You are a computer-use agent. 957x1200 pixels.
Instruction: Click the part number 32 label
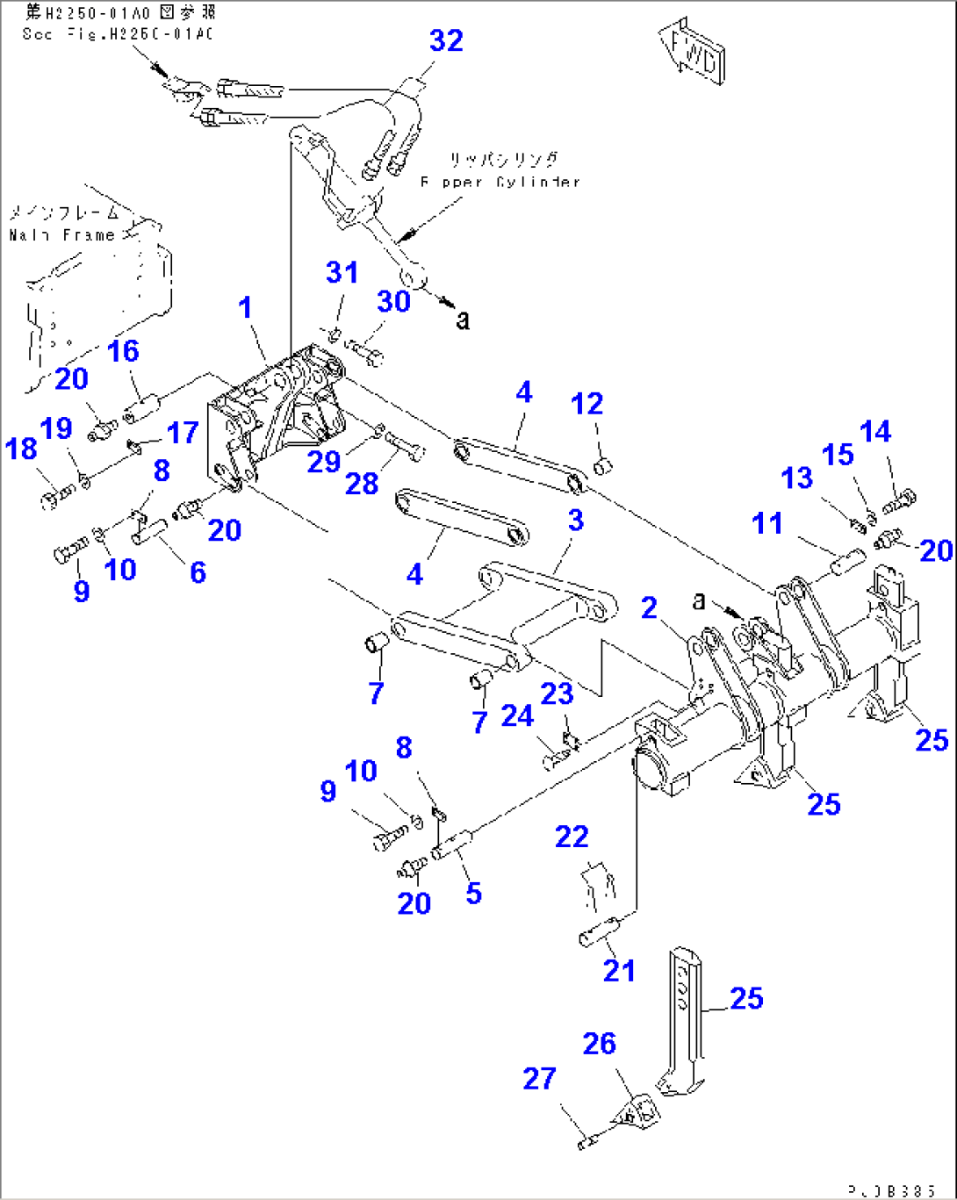(x=446, y=40)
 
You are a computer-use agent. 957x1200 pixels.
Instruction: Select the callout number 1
(x=246, y=308)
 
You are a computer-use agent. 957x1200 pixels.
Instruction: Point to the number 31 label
(x=342, y=273)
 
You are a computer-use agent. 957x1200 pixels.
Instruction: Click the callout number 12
(x=586, y=404)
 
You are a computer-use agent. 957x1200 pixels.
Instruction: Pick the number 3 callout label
(x=575, y=520)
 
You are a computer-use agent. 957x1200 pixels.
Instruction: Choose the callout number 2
(x=649, y=607)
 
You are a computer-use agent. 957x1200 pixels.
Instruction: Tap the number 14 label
(x=875, y=432)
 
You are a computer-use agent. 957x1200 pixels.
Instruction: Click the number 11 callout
(x=767, y=524)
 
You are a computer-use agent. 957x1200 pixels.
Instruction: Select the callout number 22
(x=572, y=837)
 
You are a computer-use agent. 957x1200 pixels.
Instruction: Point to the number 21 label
(x=618, y=970)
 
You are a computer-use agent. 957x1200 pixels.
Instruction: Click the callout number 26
(x=599, y=1044)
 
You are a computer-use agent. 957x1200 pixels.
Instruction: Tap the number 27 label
(x=539, y=1079)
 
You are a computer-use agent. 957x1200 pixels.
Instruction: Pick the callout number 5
(x=473, y=894)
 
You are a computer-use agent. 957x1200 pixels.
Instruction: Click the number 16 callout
(x=123, y=351)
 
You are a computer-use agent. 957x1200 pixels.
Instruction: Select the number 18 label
(x=21, y=449)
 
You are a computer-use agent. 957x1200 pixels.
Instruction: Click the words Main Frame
(x=62, y=235)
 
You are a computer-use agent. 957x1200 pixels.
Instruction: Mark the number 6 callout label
(x=198, y=572)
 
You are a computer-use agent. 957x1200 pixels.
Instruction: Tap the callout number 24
(x=517, y=716)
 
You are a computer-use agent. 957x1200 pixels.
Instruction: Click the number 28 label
(x=362, y=483)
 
